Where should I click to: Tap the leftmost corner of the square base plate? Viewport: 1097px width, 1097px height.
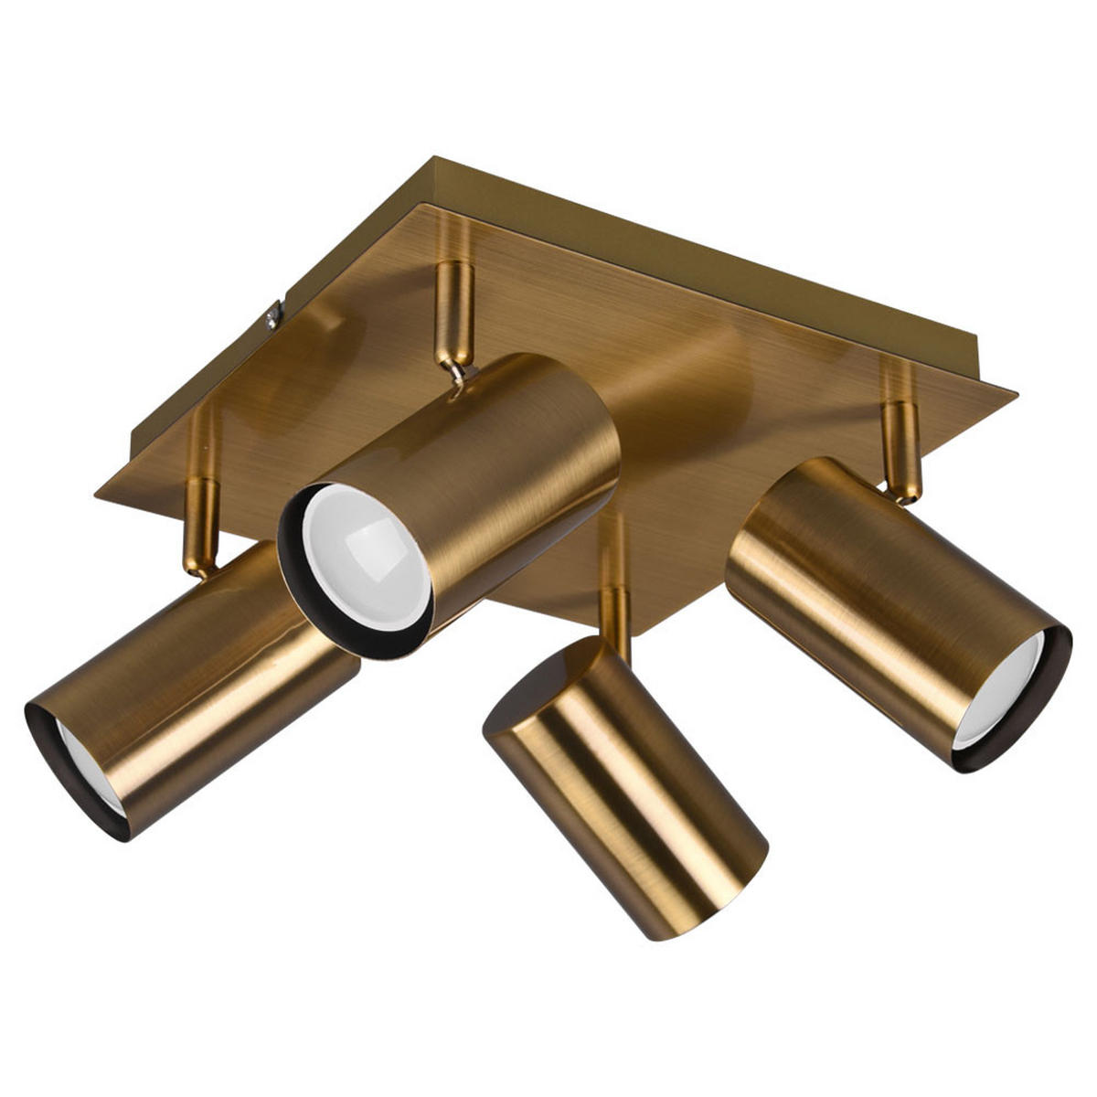pos(96,496)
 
